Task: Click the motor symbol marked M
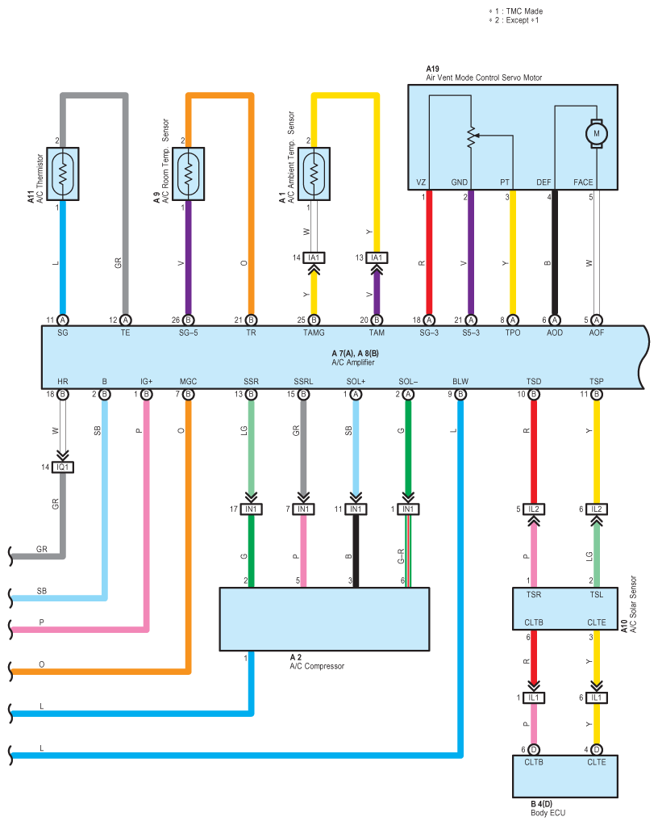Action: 597,132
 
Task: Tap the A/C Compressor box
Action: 324,618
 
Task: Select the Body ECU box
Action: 564,776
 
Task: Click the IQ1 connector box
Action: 63,467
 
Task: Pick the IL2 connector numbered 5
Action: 533,509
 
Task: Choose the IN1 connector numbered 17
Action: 251,509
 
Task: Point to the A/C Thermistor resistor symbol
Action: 62,174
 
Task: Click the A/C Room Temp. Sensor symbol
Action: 188,174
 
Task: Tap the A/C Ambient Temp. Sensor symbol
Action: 314,174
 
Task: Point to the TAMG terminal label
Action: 314,333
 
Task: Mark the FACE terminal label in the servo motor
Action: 583,182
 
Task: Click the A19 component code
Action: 432,69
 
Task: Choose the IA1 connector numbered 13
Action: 377,258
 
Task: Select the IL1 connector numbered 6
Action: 596,697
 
